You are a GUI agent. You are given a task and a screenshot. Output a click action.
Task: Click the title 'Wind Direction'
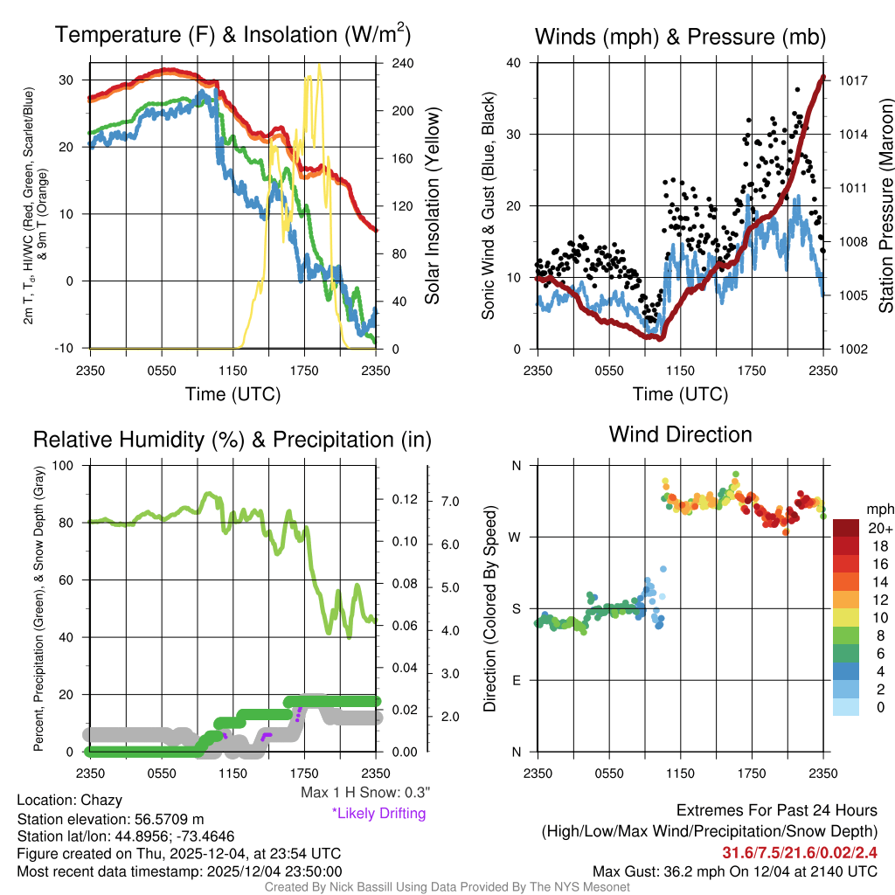pos(680,434)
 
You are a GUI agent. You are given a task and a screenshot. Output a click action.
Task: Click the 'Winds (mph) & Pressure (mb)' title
pos(680,37)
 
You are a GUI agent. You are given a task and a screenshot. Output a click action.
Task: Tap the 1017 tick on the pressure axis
pos(851,80)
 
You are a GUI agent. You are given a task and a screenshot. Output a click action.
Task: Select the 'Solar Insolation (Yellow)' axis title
pos(432,205)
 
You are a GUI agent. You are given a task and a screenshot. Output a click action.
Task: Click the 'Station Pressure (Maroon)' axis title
pos(885,206)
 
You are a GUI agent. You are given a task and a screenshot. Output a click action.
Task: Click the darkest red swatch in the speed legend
pos(847,529)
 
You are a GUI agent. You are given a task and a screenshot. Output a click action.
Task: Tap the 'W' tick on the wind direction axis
pos(516,537)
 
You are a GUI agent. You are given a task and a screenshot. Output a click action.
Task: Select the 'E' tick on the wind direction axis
pos(517,680)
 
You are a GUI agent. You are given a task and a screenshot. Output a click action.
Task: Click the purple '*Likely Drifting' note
pos(378,814)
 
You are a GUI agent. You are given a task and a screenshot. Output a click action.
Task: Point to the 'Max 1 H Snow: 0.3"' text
pos(364,793)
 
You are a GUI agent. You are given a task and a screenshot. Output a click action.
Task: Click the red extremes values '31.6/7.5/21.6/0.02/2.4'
pos(800,852)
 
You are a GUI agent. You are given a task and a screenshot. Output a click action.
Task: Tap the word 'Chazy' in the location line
pos(101,800)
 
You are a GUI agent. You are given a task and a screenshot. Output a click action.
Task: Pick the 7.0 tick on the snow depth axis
pos(449,502)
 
